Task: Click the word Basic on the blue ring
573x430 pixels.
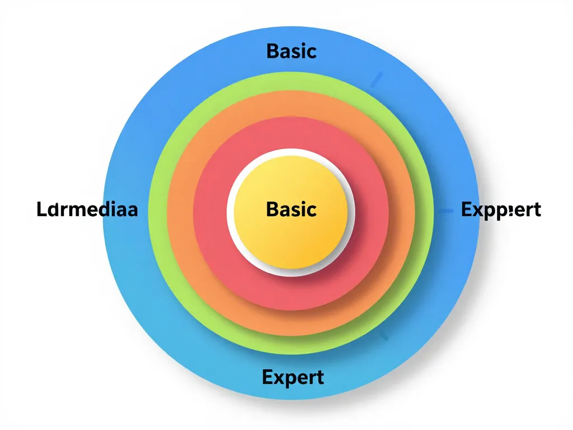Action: (x=292, y=51)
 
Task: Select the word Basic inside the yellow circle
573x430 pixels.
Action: (x=292, y=209)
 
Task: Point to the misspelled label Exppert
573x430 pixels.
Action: (x=501, y=211)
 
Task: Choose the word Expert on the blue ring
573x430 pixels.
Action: (x=293, y=377)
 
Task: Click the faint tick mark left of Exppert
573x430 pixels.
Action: (x=446, y=211)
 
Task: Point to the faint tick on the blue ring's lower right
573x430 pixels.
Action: (x=383, y=336)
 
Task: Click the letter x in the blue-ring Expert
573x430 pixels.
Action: (x=278, y=377)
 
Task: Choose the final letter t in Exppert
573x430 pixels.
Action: (x=537, y=211)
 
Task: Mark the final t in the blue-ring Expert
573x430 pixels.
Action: (x=320, y=377)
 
